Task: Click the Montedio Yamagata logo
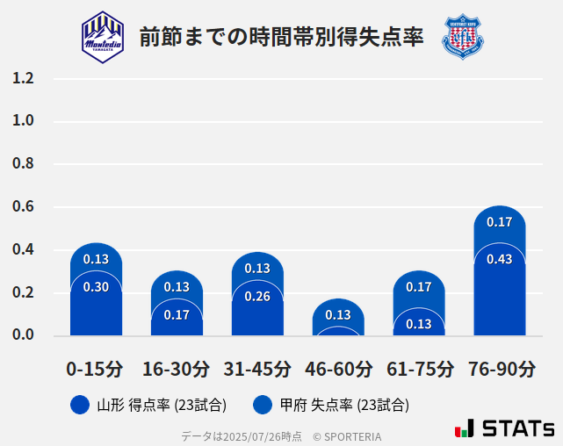tap(103, 36)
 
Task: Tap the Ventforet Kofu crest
tap(462, 36)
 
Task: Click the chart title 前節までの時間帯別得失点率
tap(281, 37)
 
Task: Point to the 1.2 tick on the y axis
tap(23, 79)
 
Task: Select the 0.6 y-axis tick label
tap(23, 207)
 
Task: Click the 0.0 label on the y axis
tap(23, 334)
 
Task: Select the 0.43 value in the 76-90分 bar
tap(500, 259)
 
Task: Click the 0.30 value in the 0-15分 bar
tap(96, 287)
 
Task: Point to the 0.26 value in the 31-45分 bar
tap(257, 296)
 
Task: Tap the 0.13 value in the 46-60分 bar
tap(338, 315)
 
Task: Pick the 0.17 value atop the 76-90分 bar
tap(500, 222)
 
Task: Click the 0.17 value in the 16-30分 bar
tap(177, 315)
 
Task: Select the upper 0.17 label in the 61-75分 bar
tap(419, 287)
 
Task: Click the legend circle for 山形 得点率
tap(80, 405)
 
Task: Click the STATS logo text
tap(518, 428)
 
